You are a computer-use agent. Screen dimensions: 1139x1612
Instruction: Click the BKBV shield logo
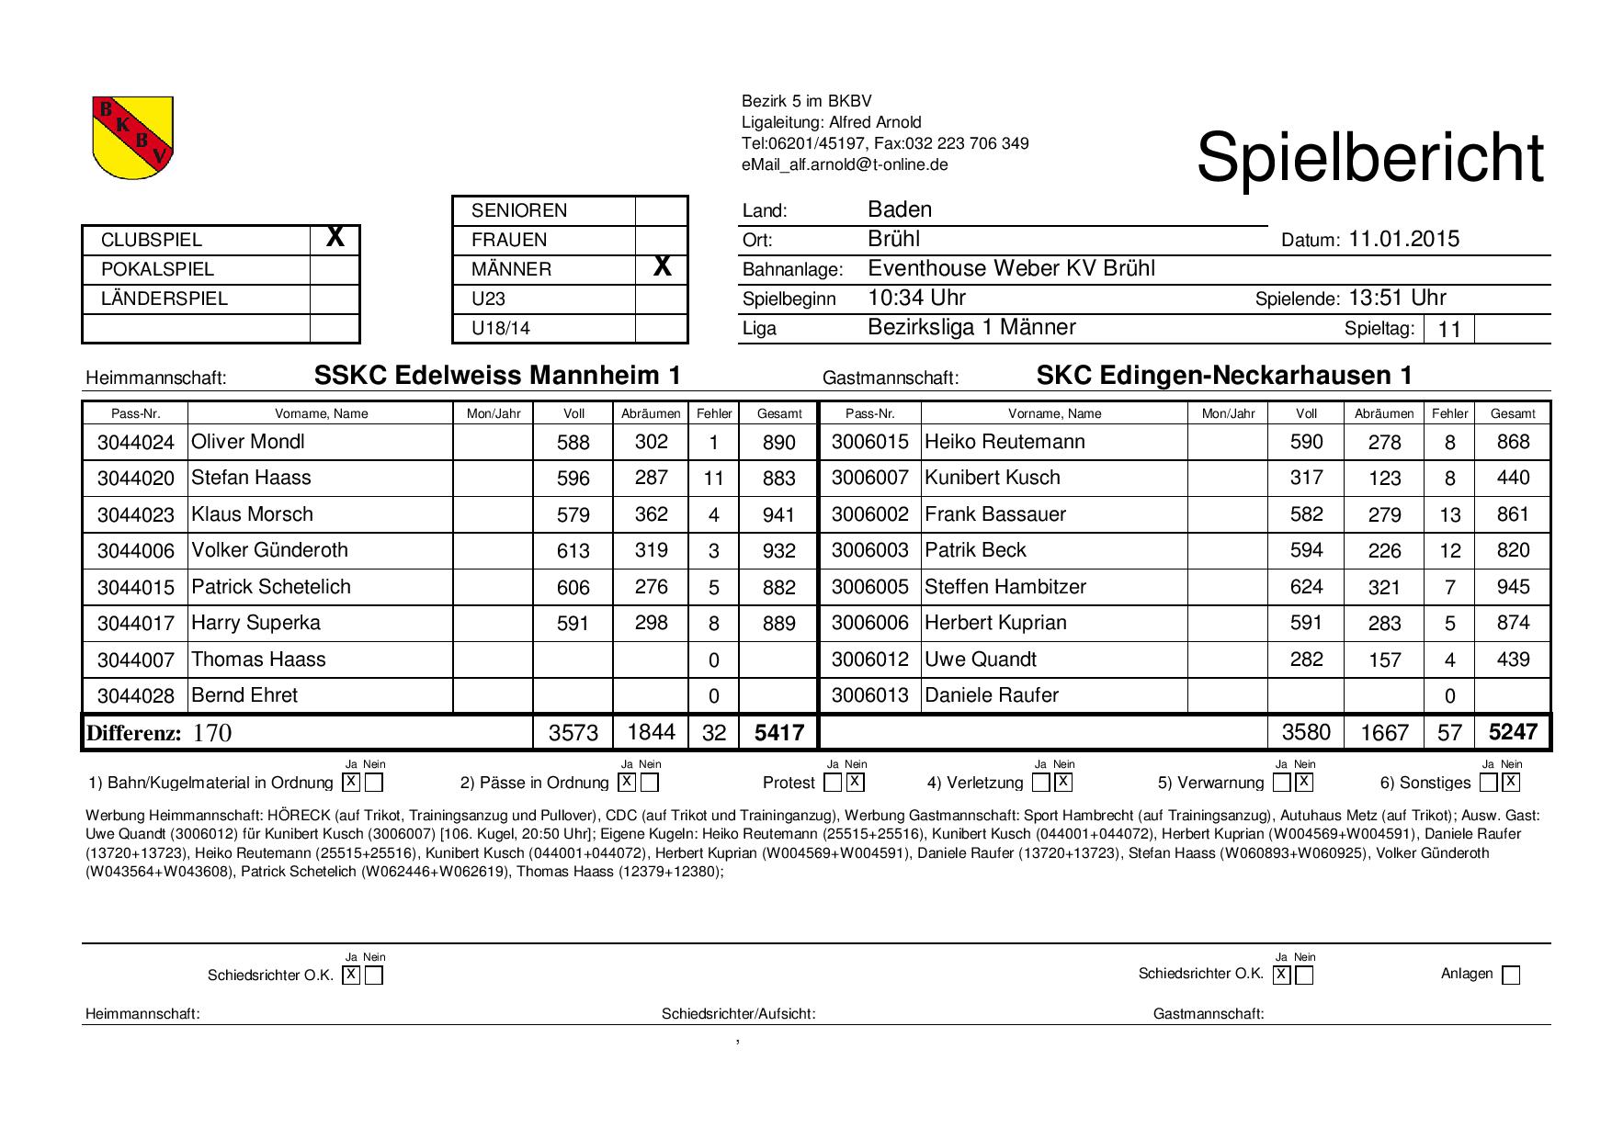click(x=133, y=138)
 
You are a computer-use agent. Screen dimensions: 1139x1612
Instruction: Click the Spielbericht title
click(x=1369, y=158)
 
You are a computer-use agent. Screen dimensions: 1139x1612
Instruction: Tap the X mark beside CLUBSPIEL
click(x=335, y=239)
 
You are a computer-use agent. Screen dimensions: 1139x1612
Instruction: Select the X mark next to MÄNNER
click(x=662, y=268)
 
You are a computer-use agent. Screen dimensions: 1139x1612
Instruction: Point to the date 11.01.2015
click(x=1403, y=240)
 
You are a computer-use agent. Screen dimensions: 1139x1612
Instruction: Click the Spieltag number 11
click(x=1448, y=329)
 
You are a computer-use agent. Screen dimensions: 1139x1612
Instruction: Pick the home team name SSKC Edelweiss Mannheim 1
click(x=497, y=376)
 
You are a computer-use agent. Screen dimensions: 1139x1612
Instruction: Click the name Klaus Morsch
click(x=253, y=514)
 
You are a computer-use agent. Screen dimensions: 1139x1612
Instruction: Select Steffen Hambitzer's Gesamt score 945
click(x=1512, y=587)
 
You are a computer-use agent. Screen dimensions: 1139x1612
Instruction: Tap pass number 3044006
click(x=136, y=551)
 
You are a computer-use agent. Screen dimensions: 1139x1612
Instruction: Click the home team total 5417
click(x=778, y=733)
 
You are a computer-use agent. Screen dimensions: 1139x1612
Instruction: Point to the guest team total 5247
click(x=1512, y=732)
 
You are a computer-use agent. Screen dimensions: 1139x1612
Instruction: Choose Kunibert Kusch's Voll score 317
click(x=1306, y=478)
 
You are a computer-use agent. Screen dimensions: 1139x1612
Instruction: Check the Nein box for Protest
click(x=855, y=783)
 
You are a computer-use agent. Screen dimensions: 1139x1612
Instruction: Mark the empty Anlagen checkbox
click(x=1511, y=975)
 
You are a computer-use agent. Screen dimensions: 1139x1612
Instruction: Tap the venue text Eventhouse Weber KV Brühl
click(x=1011, y=269)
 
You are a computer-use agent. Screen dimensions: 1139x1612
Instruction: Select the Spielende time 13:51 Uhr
click(x=1397, y=299)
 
